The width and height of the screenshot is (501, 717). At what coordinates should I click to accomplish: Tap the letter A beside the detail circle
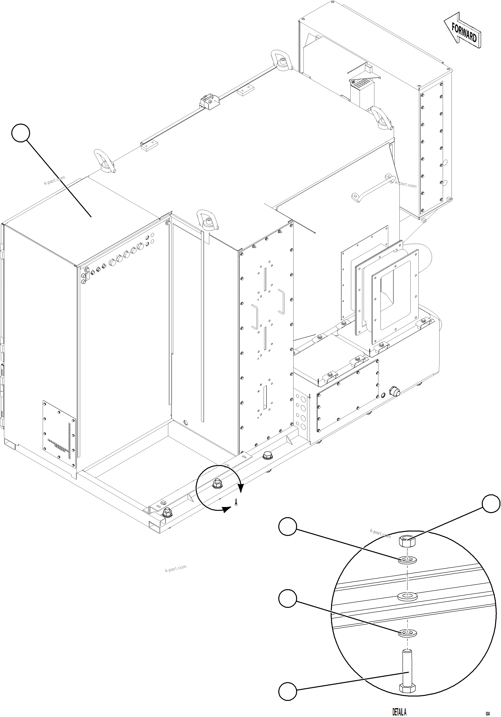(236, 502)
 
